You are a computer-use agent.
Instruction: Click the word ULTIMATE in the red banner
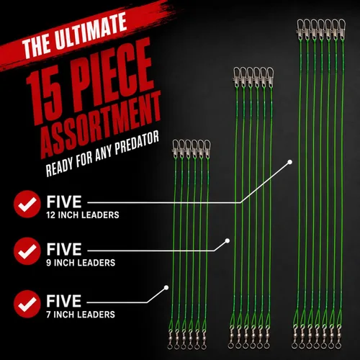[x=91, y=32]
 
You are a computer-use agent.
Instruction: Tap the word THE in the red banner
[x=37, y=48]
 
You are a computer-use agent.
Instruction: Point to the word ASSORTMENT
[x=100, y=125]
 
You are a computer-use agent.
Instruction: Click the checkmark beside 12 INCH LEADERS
[x=27, y=204]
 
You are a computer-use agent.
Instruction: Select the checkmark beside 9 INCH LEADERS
[x=27, y=251]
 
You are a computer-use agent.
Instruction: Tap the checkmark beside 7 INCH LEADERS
[x=27, y=304]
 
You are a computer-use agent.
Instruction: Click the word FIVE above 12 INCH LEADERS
[x=64, y=202]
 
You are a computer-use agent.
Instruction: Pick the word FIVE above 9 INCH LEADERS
[x=64, y=249]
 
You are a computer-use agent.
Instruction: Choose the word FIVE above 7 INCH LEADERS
[x=64, y=301]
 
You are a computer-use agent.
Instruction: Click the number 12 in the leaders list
[x=51, y=215]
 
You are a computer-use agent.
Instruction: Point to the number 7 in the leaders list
[x=48, y=315]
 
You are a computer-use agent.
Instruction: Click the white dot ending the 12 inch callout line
[x=289, y=162]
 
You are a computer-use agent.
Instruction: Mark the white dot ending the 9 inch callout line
[x=228, y=240]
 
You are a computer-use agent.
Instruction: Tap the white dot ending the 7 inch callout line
[x=166, y=287]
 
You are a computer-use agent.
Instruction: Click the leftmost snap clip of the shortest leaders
[x=176, y=148]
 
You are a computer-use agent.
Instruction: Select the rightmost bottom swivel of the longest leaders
[x=339, y=337]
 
